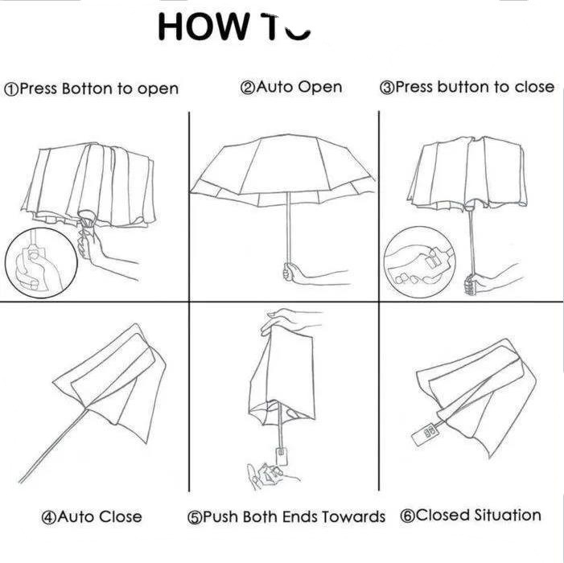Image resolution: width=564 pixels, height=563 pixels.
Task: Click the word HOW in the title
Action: [x=204, y=27]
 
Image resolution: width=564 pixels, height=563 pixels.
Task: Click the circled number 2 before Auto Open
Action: [x=248, y=88]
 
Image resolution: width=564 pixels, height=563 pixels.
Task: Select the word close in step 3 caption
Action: [x=534, y=87]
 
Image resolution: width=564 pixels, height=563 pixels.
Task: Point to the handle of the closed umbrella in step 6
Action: [x=426, y=432]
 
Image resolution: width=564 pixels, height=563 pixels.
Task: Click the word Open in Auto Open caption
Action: [x=320, y=88]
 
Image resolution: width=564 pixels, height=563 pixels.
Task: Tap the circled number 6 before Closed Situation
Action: [x=406, y=516]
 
